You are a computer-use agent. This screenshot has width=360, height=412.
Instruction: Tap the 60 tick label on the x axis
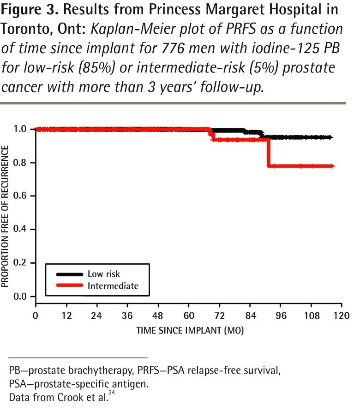tap(188, 316)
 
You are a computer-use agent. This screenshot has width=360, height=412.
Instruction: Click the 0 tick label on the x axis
tap(36, 316)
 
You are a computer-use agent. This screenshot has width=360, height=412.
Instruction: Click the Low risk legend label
tap(104, 274)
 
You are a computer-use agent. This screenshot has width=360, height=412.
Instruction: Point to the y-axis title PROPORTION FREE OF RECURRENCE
tap(6, 216)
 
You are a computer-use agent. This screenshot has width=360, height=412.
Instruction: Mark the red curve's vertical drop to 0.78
tap(268, 152)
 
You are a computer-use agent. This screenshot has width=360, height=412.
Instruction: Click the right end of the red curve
tap(332, 166)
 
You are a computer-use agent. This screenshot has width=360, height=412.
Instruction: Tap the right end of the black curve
tap(331, 137)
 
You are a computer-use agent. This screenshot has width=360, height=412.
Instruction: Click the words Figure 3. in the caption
tap(26, 10)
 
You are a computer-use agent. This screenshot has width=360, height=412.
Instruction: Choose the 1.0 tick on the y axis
tap(33, 129)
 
